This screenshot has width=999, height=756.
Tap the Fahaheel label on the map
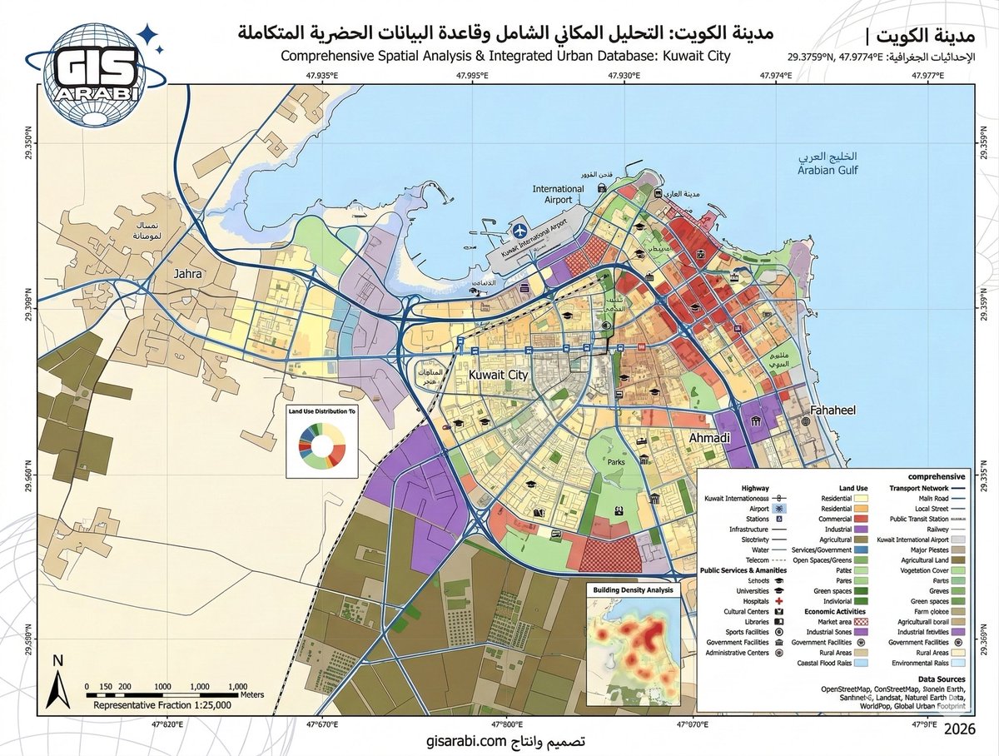click(828, 410)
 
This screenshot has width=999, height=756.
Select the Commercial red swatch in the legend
click(862, 519)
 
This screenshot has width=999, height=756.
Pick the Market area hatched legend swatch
click(862, 620)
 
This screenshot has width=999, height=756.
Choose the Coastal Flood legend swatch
click(862, 664)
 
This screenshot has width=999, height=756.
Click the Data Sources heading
click(939, 679)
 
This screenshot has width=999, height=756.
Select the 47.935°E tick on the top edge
click(321, 76)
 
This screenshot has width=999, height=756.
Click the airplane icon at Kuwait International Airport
click(520, 227)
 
